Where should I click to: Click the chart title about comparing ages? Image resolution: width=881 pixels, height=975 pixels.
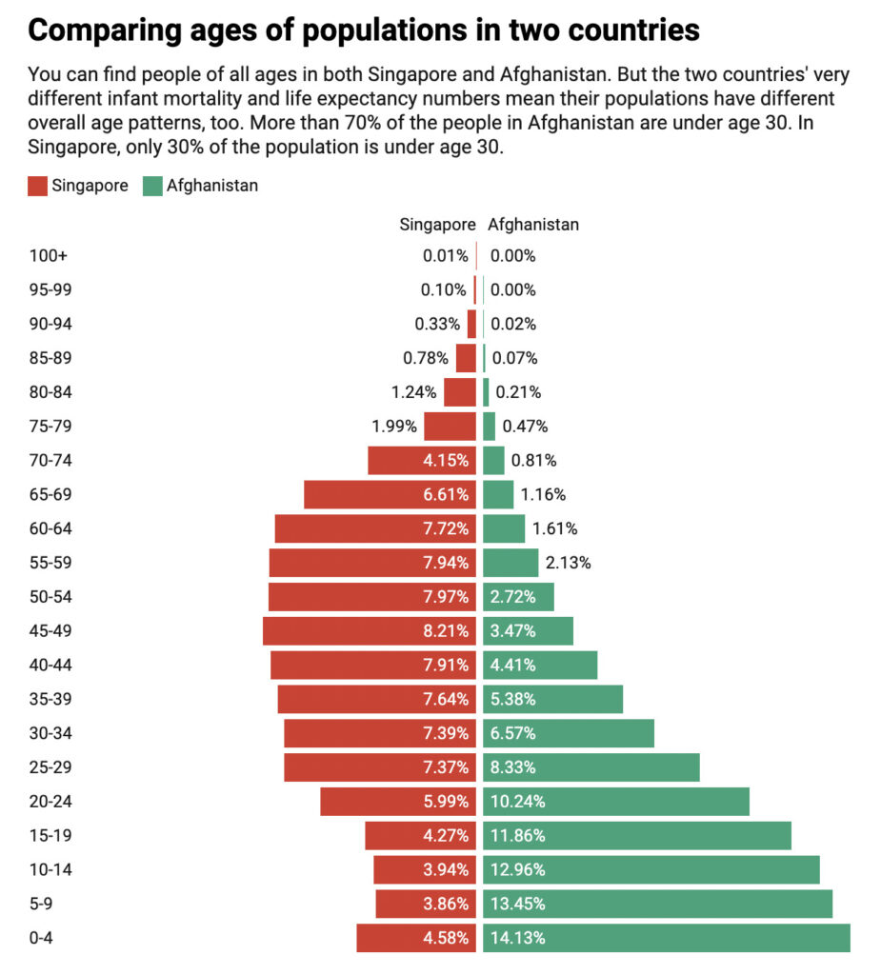364,30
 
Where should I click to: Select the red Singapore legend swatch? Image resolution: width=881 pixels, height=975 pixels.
38,186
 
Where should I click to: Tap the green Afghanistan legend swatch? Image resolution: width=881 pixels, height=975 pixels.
152,186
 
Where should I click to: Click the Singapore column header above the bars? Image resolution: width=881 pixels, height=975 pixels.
436,225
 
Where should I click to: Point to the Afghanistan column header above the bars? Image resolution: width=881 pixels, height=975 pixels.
533,225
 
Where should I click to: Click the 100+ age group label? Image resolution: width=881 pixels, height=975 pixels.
49,255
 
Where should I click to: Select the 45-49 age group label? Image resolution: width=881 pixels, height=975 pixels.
50,630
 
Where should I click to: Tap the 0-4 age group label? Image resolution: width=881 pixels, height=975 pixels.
42,938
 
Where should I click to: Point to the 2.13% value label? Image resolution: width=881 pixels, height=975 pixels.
568,563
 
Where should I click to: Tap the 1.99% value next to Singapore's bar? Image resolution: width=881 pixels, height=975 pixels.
394,426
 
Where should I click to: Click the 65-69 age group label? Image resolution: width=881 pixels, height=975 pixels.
50,494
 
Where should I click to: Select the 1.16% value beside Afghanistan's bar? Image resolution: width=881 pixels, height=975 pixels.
543,494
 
